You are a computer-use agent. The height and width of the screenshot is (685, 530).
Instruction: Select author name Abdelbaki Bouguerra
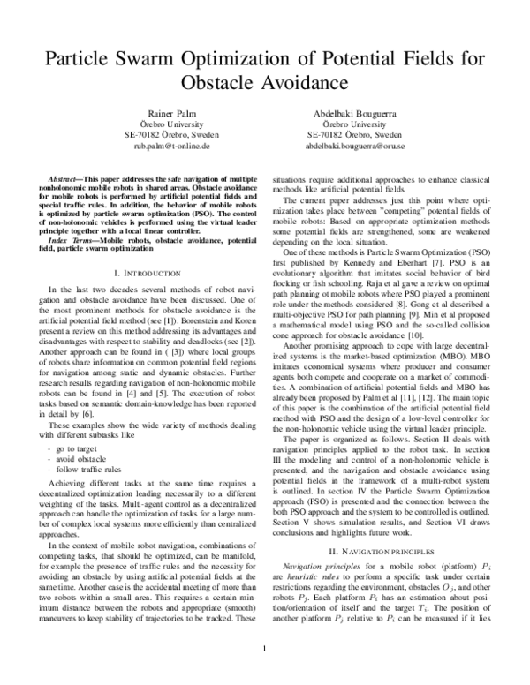(x=360, y=116)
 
